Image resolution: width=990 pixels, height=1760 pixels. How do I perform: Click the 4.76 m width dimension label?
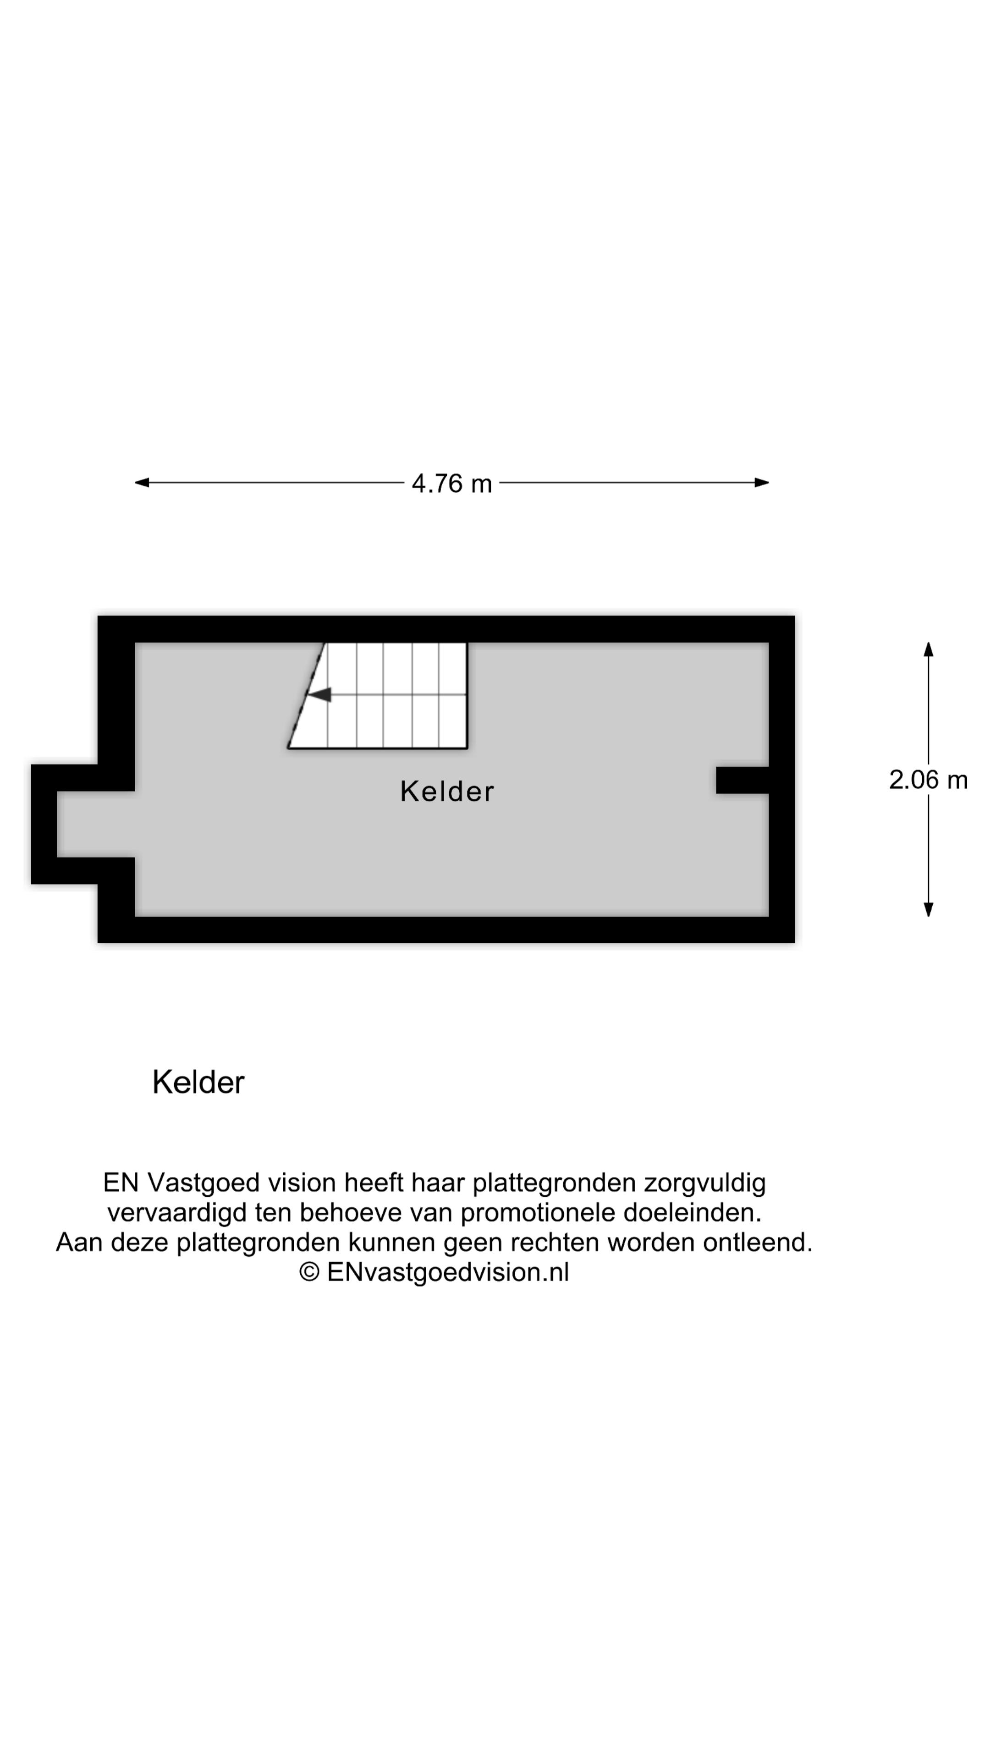click(x=451, y=484)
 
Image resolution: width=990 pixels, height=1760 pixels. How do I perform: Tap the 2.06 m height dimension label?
click(x=928, y=780)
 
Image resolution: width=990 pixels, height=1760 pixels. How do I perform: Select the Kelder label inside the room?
click(x=447, y=791)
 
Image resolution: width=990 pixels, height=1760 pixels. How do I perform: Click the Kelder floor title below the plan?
click(x=198, y=1082)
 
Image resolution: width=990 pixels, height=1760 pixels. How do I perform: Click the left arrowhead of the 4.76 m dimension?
click(x=142, y=482)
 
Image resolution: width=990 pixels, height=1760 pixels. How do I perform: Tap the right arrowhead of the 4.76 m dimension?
click(x=762, y=482)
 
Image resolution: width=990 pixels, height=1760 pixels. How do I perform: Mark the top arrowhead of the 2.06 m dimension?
click(x=928, y=649)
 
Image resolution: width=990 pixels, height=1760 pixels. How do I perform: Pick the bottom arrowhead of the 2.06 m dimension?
click(x=928, y=909)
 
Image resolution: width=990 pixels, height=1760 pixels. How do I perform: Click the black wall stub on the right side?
click(x=742, y=780)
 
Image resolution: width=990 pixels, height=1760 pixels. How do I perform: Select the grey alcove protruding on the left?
click(x=96, y=824)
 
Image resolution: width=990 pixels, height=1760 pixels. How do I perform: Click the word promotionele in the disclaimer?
click(x=538, y=1213)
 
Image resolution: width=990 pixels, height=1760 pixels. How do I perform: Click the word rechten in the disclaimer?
click(x=556, y=1242)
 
